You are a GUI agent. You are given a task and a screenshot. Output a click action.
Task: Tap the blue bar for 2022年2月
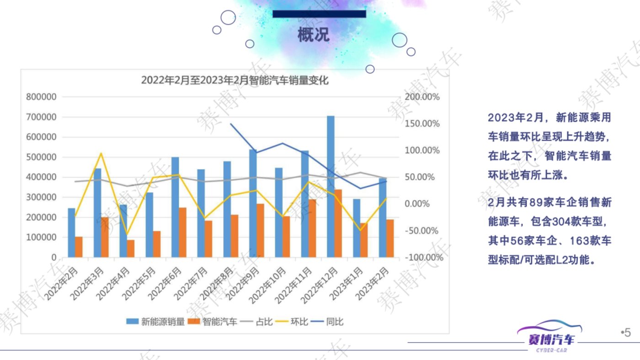[x=71, y=233]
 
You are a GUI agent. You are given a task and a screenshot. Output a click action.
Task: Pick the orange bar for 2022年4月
[x=131, y=249]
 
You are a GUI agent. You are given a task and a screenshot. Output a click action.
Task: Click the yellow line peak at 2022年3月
[x=101, y=154]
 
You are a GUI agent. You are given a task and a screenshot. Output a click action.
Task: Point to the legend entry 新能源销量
[x=156, y=322]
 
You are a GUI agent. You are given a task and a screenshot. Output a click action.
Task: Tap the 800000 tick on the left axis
[x=42, y=97]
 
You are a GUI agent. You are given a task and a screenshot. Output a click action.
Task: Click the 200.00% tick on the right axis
[x=422, y=97]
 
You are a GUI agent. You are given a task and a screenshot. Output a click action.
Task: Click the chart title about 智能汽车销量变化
[x=235, y=80]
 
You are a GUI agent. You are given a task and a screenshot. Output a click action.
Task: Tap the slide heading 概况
[x=314, y=35]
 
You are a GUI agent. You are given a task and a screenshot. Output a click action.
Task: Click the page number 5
[x=627, y=333]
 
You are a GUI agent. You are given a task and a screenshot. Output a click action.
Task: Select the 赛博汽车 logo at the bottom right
[x=550, y=336]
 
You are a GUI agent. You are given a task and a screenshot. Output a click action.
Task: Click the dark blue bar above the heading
[x=319, y=14]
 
